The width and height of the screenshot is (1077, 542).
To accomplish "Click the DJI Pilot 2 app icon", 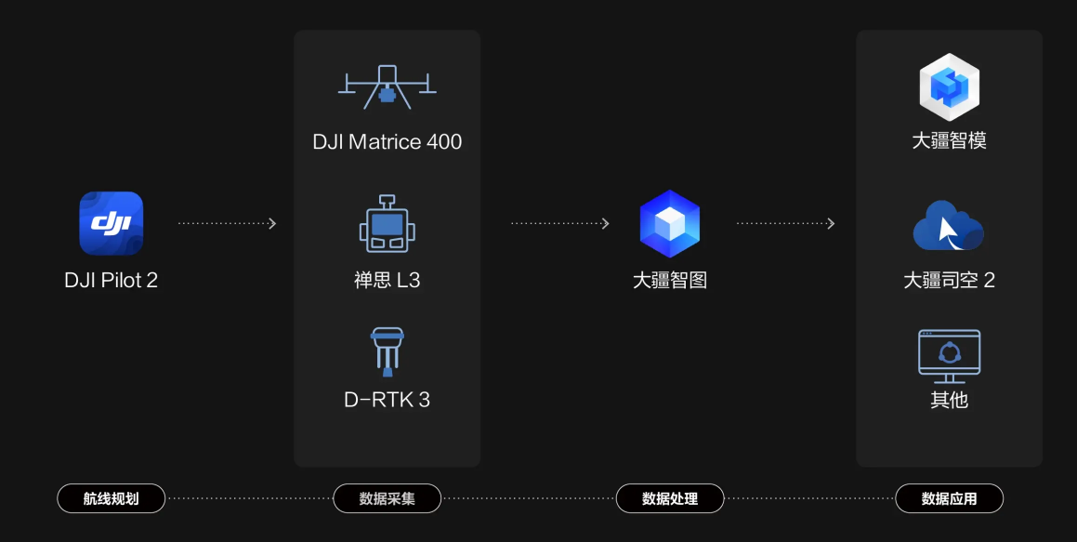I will coord(112,223).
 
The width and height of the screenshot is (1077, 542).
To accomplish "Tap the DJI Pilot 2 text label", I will coord(112,280).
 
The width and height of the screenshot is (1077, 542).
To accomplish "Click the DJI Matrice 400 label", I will coord(387,142).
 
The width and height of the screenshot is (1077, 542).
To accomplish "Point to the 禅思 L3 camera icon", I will coord(387,224).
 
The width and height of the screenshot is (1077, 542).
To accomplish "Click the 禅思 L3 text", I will coord(387,280).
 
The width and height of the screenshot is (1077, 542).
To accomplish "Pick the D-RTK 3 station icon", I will coord(387,350).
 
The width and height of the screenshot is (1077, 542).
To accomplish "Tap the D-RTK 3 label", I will coord(387,400).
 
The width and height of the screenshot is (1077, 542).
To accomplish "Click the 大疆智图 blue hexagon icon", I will coord(670,224).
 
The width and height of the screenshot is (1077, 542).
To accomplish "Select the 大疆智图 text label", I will coord(670,280).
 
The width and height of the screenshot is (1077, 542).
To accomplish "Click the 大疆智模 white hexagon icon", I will coord(949,87).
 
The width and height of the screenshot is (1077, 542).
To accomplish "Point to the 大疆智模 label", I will coord(949,140).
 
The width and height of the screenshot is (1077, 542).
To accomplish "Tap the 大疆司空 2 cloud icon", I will coord(949,226).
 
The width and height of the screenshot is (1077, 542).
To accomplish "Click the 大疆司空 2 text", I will coord(949,280).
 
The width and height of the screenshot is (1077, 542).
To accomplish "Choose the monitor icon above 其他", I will coord(949,355).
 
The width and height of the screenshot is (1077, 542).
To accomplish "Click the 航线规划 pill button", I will coord(112,498).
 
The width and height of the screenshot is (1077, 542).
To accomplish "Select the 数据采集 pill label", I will coord(387,498).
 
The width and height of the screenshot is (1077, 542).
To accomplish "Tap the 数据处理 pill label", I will coord(670,498).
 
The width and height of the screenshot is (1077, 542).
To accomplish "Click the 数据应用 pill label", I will coord(949,498).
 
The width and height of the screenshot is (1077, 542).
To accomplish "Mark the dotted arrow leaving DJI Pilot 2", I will coord(227,223).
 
